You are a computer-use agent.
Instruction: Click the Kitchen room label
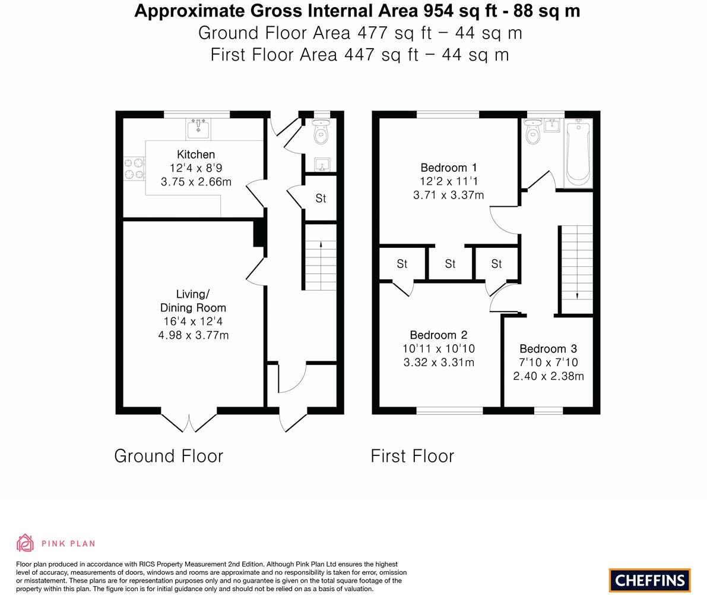click(x=196, y=155)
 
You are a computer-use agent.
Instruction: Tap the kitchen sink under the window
click(x=198, y=128)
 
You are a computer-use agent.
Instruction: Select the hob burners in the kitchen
click(x=134, y=168)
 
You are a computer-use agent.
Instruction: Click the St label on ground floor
click(x=321, y=199)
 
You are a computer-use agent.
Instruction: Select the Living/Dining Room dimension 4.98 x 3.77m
click(x=194, y=335)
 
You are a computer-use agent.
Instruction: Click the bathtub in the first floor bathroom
click(x=578, y=153)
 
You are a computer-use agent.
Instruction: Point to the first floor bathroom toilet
click(x=532, y=134)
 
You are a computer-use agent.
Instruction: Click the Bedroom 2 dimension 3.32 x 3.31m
click(x=439, y=363)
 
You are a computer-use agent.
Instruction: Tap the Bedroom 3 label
click(x=548, y=349)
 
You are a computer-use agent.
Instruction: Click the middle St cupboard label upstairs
click(x=450, y=264)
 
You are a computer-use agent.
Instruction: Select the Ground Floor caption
click(x=169, y=456)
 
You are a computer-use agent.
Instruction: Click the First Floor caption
click(x=412, y=456)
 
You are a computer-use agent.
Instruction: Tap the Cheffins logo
click(x=649, y=580)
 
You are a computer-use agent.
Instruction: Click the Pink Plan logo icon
click(x=25, y=543)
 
